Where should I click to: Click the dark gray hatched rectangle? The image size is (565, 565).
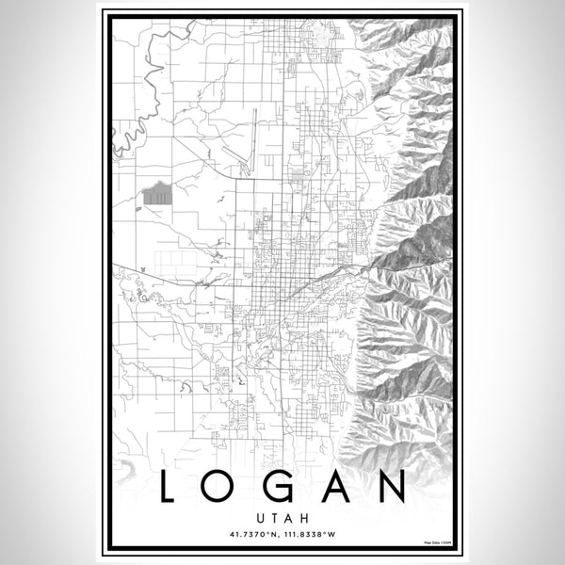158,195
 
